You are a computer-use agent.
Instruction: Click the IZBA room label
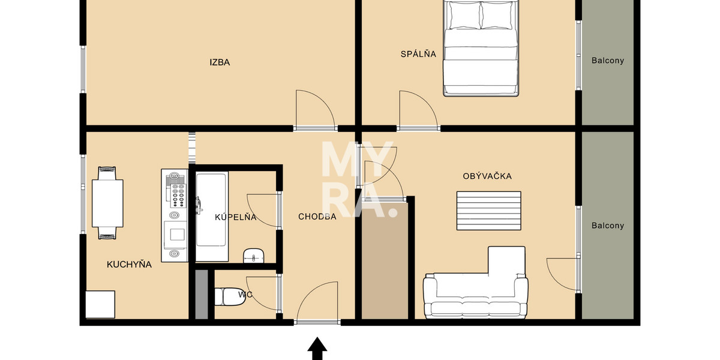(220, 62)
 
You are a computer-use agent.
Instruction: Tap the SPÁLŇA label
(418, 54)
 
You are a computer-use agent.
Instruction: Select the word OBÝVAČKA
(487, 176)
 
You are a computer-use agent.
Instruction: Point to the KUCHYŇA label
(129, 264)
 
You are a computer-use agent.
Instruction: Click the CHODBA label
(317, 217)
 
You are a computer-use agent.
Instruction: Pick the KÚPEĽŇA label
(236, 217)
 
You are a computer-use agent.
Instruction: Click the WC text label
(244, 295)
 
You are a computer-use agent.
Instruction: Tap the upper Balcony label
(607, 61)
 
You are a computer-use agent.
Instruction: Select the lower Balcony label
(607, 226)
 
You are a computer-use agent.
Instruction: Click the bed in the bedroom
(480, 48)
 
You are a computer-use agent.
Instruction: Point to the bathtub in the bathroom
(211, 217)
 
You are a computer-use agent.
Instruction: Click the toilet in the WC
(227, 296)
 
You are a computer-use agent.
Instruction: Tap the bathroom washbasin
(254, 256)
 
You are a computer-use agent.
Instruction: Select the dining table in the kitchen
(107, 203)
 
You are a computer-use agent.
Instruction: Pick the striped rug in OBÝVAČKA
(488, 211)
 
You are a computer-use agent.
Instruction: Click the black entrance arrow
(317, 349)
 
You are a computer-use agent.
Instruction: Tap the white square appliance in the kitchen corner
(100, 304)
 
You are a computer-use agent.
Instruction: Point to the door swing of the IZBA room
(315, 109)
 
